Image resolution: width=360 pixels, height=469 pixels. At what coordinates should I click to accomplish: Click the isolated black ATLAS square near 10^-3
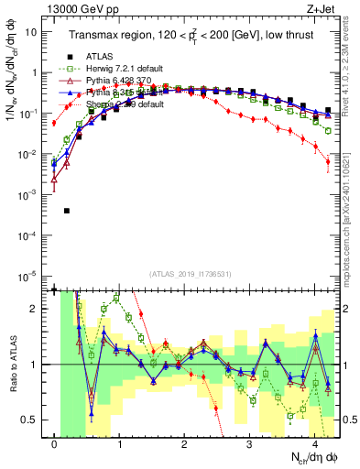tap(67, 211)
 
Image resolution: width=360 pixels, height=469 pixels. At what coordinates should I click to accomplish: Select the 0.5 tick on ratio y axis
tap(29, 420)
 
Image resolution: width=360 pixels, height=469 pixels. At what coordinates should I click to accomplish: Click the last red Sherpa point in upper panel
tap(328, 162)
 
